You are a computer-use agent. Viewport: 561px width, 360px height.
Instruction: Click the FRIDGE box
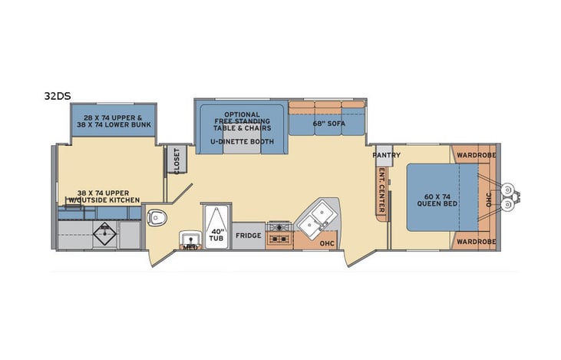pos(248,236)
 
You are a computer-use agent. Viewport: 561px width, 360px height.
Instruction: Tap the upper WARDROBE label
pos(475,154)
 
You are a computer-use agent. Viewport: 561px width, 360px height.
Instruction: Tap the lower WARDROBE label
pos(475,242)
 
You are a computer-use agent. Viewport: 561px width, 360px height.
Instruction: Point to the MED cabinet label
pos(190,247)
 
